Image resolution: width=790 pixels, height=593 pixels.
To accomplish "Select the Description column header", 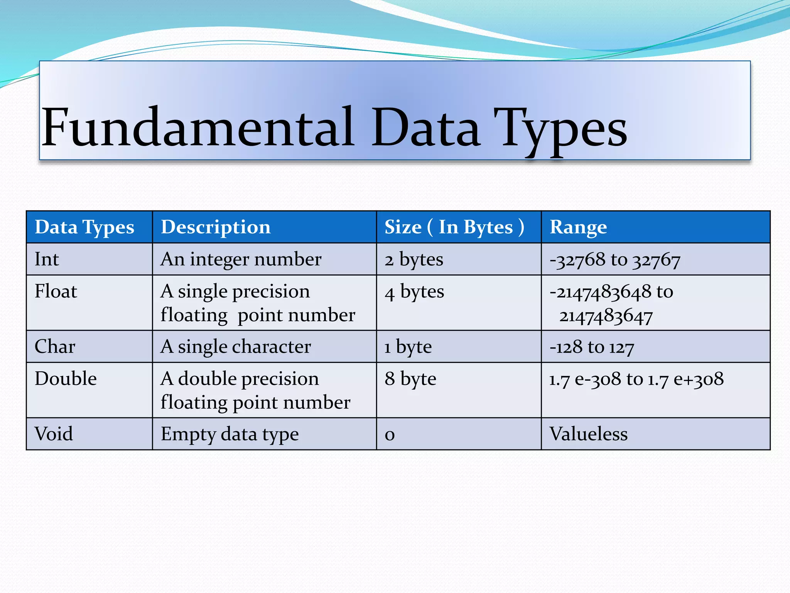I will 216,227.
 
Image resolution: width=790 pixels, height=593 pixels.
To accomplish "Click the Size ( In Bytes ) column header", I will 454,227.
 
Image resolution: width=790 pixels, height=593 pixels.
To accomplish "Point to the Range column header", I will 578,227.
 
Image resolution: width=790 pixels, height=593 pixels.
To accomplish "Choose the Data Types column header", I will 84,227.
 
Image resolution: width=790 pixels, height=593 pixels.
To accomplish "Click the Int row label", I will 47,259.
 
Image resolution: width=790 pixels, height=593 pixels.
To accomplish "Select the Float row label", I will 56,291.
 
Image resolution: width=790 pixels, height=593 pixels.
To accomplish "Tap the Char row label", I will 55,346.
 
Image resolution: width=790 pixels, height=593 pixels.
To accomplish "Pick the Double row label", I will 66,378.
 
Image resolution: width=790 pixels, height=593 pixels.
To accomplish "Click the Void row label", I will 54,434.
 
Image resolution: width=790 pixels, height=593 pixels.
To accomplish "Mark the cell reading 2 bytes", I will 414,259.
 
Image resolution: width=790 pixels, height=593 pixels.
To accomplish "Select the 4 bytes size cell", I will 414,292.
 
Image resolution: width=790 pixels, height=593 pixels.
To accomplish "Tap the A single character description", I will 235,347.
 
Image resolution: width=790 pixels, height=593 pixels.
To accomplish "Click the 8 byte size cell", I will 410,379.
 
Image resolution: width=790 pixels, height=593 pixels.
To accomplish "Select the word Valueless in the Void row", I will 588,434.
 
